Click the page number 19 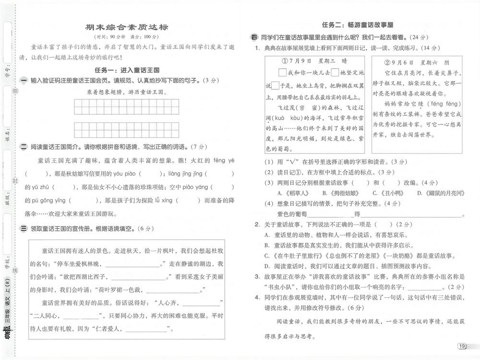click(x=462, y=346)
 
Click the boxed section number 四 click(x=254, y=37)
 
